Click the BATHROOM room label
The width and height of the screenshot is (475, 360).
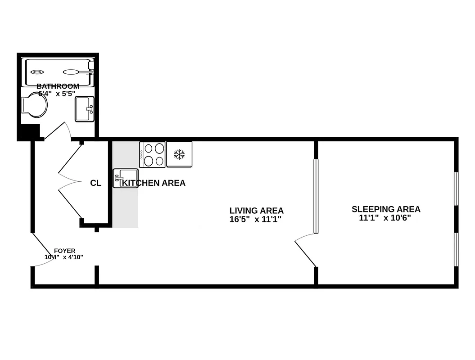pyautogui.click(x=58, y=86)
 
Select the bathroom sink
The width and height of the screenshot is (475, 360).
pyautogui.click(x=85, y=109)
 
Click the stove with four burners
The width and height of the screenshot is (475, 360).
pyautogui.click(x=152, y=154)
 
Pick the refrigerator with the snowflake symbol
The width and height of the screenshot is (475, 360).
pyautogui.click(x=179, y=154)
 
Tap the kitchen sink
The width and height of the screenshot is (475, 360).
pyautogui.click(x=125, y=178)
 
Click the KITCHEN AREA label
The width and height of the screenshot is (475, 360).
pyautogui.click(x=154, y=183)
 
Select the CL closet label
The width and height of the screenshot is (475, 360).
pyautogui.click(x=95, y=183)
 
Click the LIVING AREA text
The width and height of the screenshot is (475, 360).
pyautogui.click(x=256, y=211)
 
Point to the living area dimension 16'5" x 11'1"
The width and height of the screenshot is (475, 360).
pyautogui.click(x=258, y=220)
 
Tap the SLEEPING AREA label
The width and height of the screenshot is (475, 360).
pyautogui.click(x=386, y=209)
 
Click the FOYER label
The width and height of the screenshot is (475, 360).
pyautogui.click(x=64, y=251)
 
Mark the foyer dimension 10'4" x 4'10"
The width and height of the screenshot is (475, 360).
pyautogui.click(x=63, y=257)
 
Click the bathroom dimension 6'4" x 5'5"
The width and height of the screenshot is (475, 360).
pyautogui.click(x=57, y=93)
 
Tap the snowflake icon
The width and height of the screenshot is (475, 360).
pyautogui.click(x=179, y=154)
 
